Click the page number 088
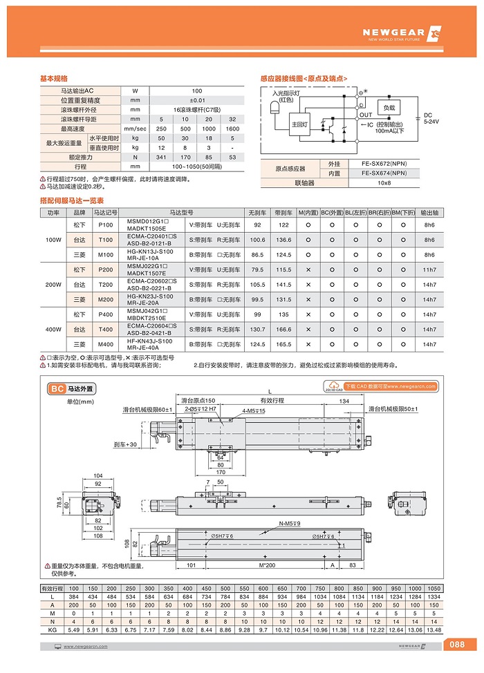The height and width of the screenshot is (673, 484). point(457,645)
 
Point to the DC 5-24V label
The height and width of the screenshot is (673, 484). point(427,118)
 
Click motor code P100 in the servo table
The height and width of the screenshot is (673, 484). point(106,225)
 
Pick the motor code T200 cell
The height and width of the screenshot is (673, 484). point(106,285)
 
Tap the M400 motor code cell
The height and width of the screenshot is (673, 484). point(106,344)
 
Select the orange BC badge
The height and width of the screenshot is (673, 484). point(57,389)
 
